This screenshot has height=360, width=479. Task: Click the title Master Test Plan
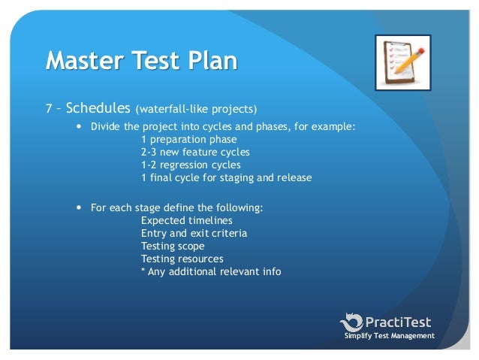[142, 59]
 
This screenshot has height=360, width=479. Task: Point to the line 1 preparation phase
[188, 139]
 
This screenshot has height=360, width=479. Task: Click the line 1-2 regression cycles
[191, 165]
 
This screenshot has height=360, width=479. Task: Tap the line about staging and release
[225, 177]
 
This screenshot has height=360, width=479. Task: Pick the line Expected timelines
[186, 220]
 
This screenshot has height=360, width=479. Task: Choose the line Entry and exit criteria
[194, 233]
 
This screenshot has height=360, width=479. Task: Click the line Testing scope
[172, 246]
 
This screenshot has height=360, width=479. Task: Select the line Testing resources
[182, 259]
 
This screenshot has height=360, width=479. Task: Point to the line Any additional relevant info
[211, 271]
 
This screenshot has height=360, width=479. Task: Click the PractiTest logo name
[398, 322]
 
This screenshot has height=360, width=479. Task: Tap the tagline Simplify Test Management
[389, 336]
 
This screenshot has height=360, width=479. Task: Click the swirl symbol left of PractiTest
[351, 322]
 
